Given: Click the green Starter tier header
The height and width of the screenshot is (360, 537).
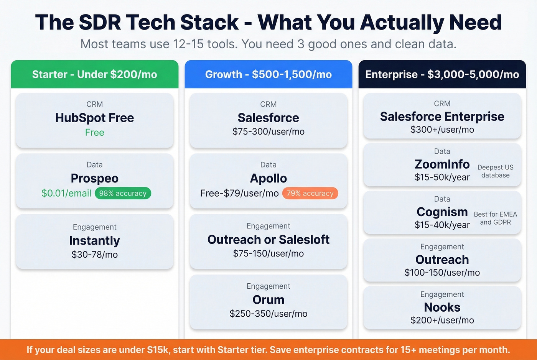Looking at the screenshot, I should click(94, 74).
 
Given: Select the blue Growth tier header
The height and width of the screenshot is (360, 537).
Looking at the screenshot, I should click(268, 74).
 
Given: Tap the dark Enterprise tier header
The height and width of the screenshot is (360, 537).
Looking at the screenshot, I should click(442, 74).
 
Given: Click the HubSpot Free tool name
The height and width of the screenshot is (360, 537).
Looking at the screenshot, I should click(94, 118).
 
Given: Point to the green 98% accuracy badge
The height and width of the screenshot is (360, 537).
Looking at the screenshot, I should click(123, 193).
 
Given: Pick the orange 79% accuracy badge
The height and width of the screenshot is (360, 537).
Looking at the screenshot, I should click(310, 193).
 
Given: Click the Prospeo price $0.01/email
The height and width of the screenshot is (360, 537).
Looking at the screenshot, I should click(66, 193).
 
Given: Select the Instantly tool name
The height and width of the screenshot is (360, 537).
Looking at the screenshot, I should click(94, 240).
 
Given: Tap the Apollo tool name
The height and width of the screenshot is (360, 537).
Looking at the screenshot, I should click(268, 178).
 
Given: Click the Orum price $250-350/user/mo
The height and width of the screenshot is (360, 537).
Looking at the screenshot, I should click(268, 314).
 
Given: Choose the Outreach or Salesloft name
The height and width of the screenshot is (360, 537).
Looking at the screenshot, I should click(268, 240).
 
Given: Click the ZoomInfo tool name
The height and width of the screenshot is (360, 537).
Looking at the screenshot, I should click(442, 164).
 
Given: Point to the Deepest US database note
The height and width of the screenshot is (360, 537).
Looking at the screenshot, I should click(495, 171).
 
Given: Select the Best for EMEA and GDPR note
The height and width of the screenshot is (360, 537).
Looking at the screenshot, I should click(495, 218).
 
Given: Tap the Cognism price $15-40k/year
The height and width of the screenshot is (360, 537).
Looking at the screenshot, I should click(442, 225).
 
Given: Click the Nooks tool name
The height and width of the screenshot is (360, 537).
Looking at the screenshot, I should click(442, 307).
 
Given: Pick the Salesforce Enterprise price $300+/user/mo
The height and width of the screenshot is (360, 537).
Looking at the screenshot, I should click(442, 130).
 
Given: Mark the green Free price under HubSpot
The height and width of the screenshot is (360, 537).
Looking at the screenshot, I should click(94, 133).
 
